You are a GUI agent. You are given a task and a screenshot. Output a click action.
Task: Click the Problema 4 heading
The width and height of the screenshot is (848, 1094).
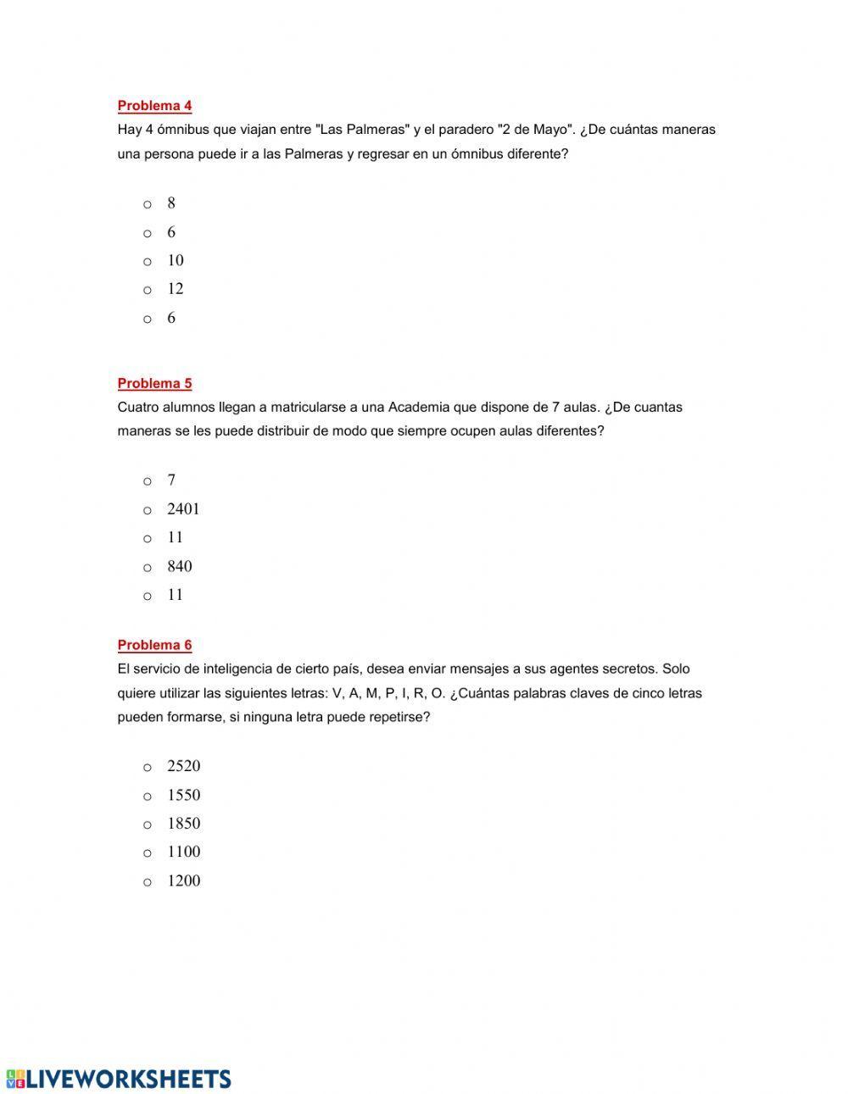tap(154, 106)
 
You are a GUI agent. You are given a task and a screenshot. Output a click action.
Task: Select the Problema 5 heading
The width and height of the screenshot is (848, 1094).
tap(154, 383)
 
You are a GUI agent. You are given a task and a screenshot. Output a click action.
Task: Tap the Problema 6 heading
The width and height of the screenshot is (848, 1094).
tap(154, 645)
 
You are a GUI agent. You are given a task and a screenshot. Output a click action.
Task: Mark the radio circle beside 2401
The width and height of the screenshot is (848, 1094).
tap(148, 510)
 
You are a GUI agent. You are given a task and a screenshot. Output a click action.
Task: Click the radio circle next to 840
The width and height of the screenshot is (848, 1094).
tap(148, 568)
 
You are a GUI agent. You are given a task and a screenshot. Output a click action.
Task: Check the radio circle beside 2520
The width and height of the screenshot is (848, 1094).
tap(148, 768)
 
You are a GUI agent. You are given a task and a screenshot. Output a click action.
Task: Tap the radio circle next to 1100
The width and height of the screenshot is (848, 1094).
tap(148, 853)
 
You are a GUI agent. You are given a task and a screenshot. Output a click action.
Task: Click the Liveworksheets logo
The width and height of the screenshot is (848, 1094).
tap(119, 1078)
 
